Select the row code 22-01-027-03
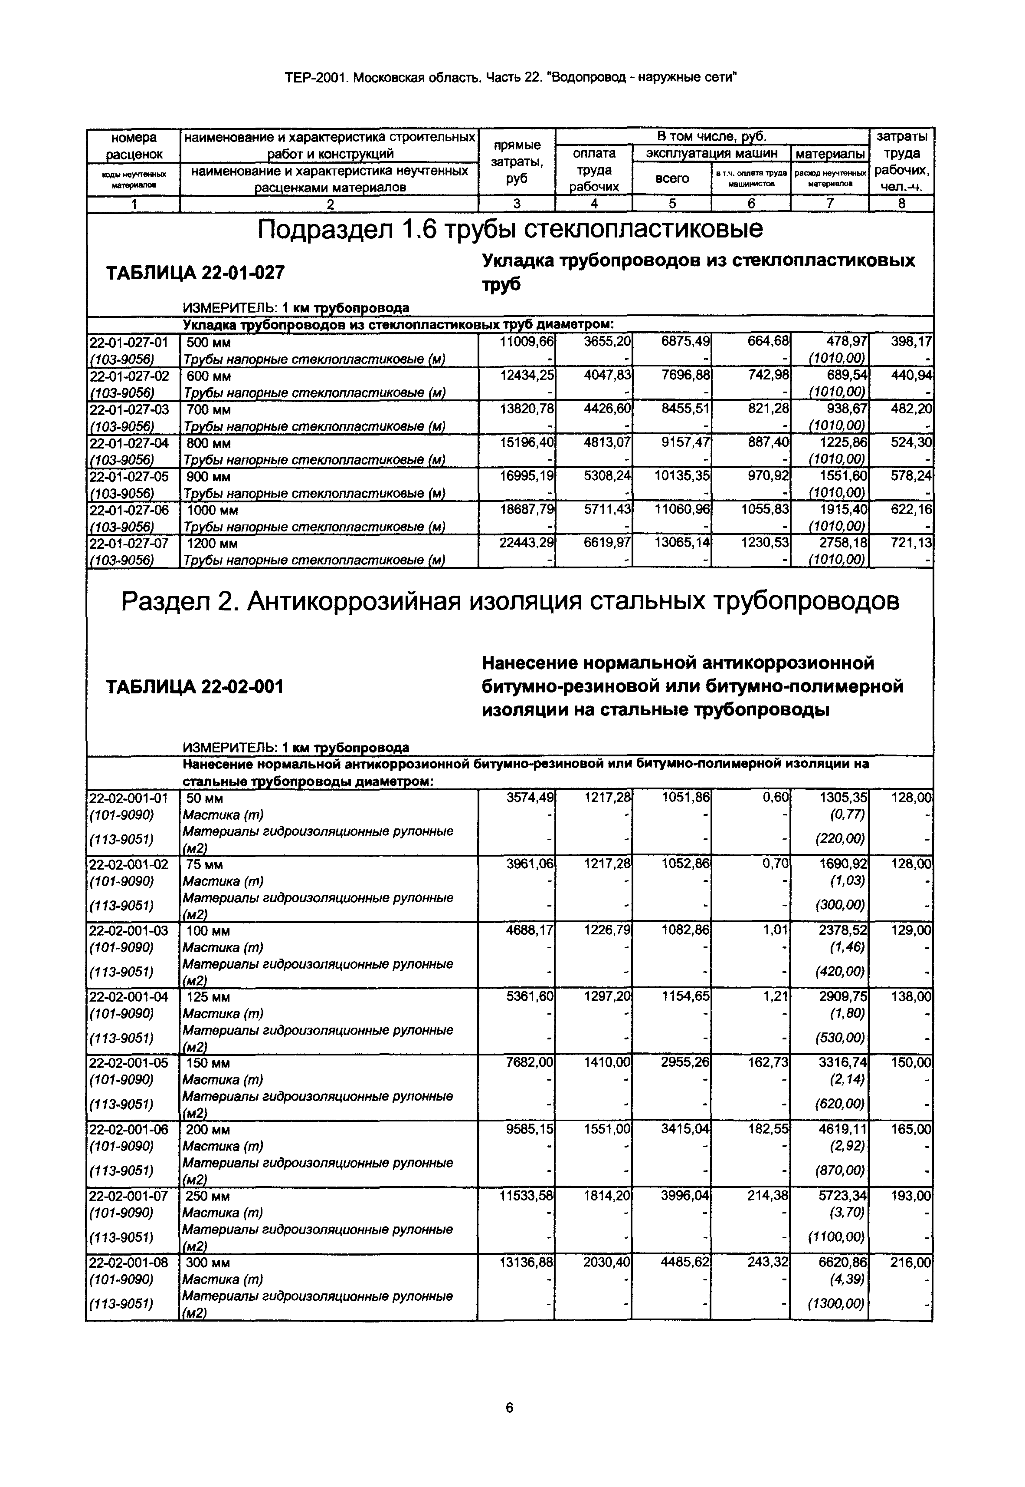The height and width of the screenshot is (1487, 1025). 128,409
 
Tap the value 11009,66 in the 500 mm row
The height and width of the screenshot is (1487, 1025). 526,342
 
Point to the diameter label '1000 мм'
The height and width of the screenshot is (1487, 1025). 212,510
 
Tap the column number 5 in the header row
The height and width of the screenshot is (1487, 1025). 672,204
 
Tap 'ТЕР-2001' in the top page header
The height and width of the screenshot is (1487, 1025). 316,78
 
